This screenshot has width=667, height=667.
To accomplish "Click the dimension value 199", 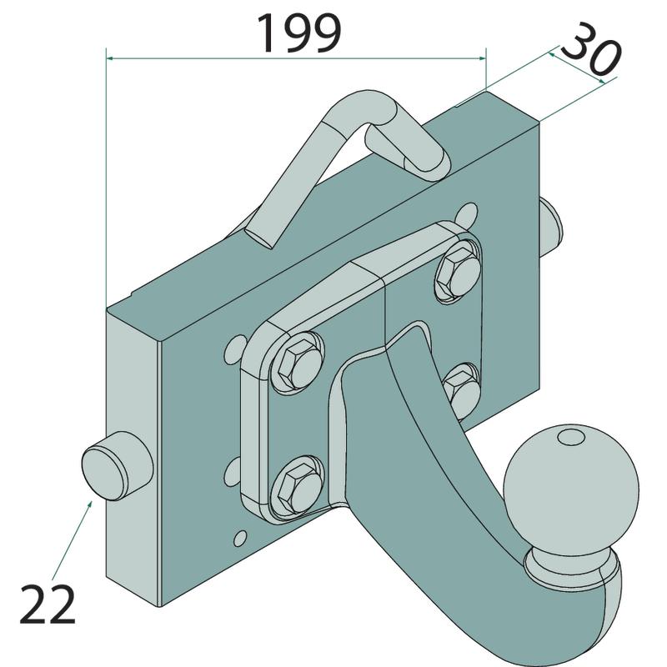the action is tap(299, 33).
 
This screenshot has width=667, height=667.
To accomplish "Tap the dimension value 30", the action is tap(591, 49).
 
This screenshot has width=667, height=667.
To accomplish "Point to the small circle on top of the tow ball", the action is tap(571, 436).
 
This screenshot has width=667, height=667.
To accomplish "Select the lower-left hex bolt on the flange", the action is tap(298, 486).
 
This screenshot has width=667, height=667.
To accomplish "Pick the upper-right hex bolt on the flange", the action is tap(459, 273).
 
